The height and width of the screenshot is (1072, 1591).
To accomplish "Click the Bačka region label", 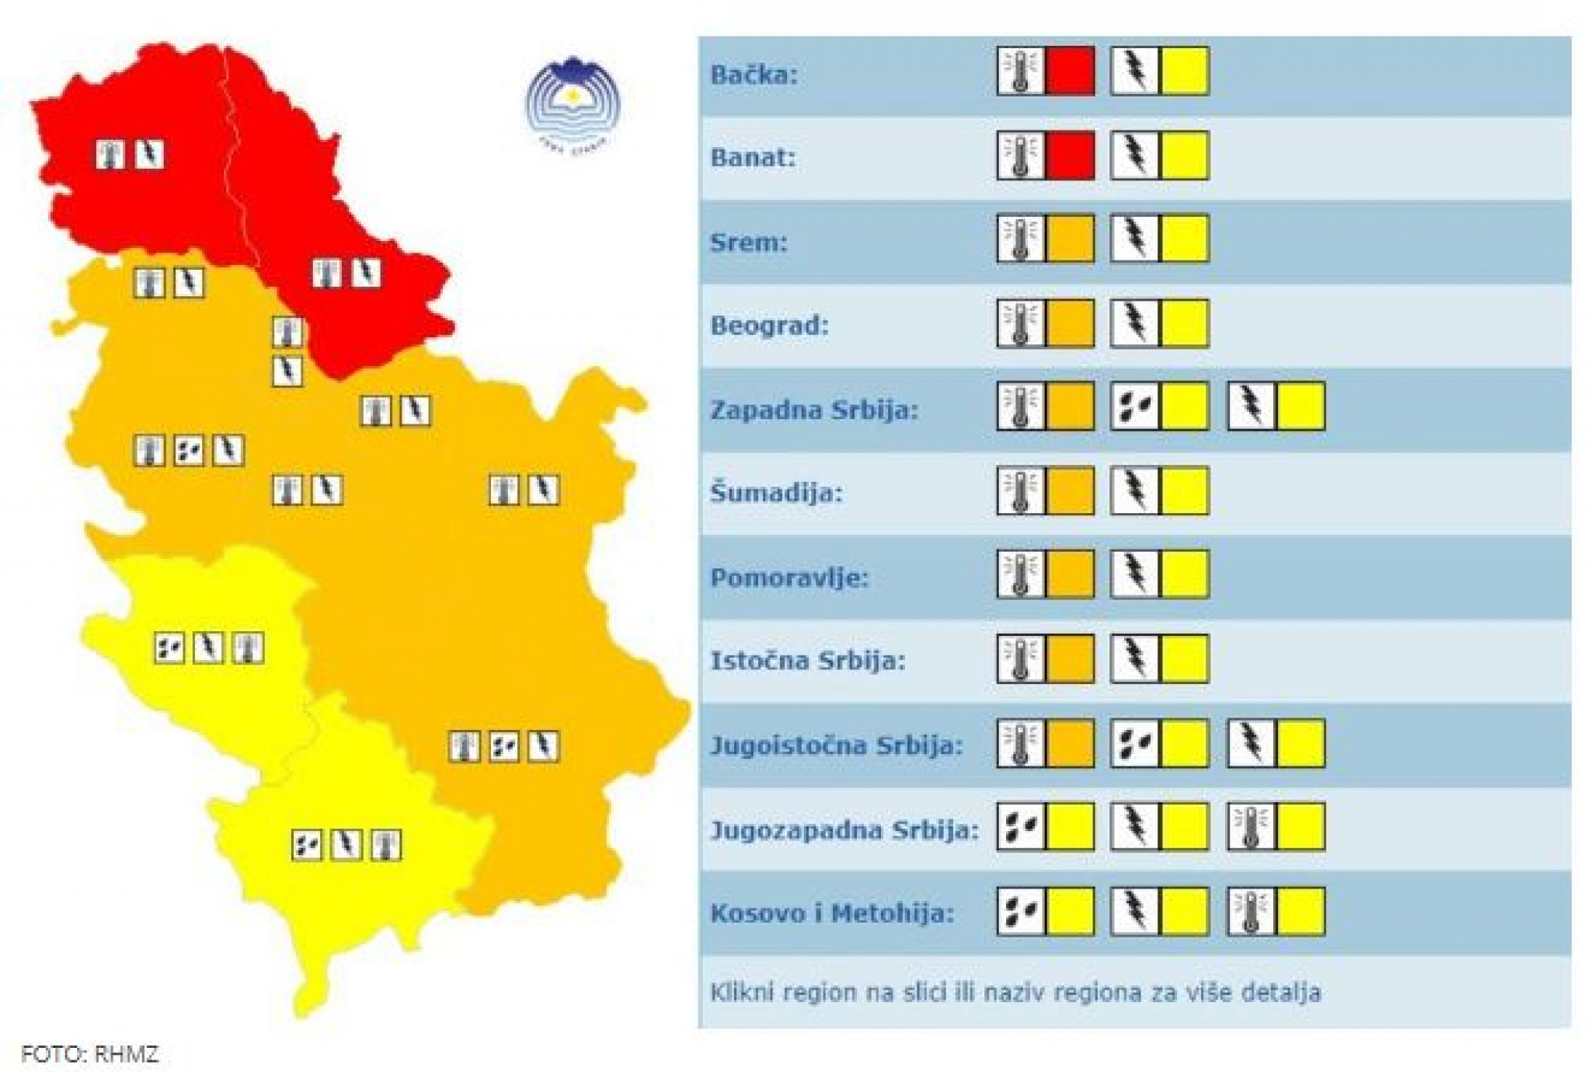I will point(754,75).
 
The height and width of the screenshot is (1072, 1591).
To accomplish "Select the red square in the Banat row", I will point(1070,155).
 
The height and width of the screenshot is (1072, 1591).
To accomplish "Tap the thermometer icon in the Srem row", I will point(1020,239).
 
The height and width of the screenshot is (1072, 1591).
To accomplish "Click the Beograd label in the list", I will point(769,325).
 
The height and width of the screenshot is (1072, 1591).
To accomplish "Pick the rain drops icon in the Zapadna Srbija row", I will point(1134,406).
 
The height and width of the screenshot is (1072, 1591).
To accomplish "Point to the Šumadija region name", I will point(776,493).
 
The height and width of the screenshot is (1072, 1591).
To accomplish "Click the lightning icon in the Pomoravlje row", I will point(1134,574).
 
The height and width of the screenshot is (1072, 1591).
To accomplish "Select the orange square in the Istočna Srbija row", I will point(1070,658).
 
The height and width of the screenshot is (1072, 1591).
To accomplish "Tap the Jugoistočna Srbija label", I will point(836,745).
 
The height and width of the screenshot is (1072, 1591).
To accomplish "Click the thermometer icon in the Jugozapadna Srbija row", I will point(1250,826).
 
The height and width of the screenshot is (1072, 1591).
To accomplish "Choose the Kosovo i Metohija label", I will point(831,913).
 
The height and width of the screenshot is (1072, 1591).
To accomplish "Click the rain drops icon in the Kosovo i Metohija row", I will point(1020,911).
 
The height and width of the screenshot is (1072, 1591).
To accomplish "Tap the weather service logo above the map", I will point(573,102).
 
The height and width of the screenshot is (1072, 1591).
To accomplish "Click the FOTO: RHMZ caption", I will point(89,1054).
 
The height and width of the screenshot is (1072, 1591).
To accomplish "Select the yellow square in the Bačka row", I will point(1184,72).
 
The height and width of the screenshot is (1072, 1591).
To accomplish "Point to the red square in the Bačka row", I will point(1070,72).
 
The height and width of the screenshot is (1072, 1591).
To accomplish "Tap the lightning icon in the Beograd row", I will point(1134,323).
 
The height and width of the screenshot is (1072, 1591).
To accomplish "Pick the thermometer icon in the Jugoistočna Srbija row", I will point(1020,743).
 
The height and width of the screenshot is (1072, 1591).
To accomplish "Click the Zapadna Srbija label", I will point(813,410).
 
